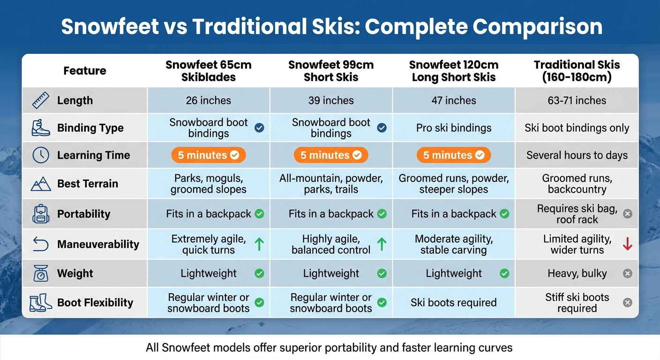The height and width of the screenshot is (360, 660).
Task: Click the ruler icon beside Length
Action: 41,100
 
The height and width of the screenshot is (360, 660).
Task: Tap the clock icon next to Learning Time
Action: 41,155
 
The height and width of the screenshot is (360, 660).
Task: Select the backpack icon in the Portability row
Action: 41,214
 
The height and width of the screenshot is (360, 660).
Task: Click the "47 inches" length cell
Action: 453,100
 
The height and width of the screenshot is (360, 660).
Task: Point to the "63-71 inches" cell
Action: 577,100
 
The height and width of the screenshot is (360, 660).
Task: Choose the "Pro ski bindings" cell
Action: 453,128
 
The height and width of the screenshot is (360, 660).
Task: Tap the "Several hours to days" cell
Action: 577,155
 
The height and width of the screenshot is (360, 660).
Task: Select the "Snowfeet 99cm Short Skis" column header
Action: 331,71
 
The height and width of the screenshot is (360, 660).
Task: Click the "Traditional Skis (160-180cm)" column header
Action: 577,71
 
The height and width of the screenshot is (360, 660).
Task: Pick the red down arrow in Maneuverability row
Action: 627,244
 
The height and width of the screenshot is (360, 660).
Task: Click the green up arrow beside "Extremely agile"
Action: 259,244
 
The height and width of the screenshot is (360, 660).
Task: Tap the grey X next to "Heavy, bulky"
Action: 627,273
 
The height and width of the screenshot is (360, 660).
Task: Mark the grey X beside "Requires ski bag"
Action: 627,214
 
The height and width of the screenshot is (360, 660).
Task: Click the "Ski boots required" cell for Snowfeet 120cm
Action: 453,302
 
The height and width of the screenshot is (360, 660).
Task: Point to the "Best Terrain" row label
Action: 87,184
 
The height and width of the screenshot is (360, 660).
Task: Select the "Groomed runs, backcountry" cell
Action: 577,184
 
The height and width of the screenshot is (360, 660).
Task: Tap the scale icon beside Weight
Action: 41,273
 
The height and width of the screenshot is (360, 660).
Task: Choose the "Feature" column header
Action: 85,71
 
